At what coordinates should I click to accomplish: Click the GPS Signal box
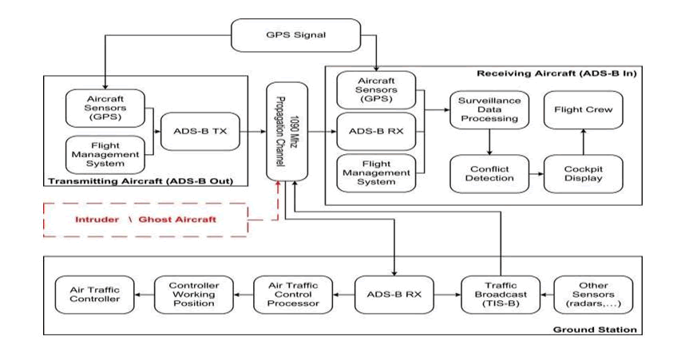click(x=296, y=35)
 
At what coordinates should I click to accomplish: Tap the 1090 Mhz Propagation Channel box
click(x=288, y=131)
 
